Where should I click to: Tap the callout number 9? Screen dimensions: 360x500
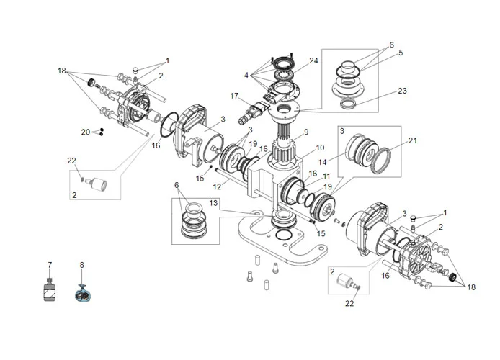[306, 132]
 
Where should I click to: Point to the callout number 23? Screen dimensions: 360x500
[401, 91]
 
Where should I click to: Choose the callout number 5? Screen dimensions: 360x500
[401, 53]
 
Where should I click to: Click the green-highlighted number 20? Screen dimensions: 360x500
[86, 132]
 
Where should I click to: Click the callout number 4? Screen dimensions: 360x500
[246, 74]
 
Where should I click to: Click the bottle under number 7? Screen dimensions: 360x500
[49, 292]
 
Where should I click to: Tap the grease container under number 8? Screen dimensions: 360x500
[82, 294]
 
